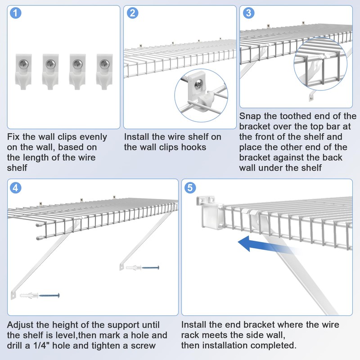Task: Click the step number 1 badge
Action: point(16,13)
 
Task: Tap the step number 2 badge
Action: point(132,13)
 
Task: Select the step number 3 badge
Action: point(248,13)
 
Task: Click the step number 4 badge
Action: point(16,187)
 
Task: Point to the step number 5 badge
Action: point(190,187)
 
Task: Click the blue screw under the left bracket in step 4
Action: point(49,296)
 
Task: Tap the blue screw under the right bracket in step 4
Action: point(150,268)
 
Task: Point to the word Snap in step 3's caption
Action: point(251,116)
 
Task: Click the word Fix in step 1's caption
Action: point(14,136)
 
